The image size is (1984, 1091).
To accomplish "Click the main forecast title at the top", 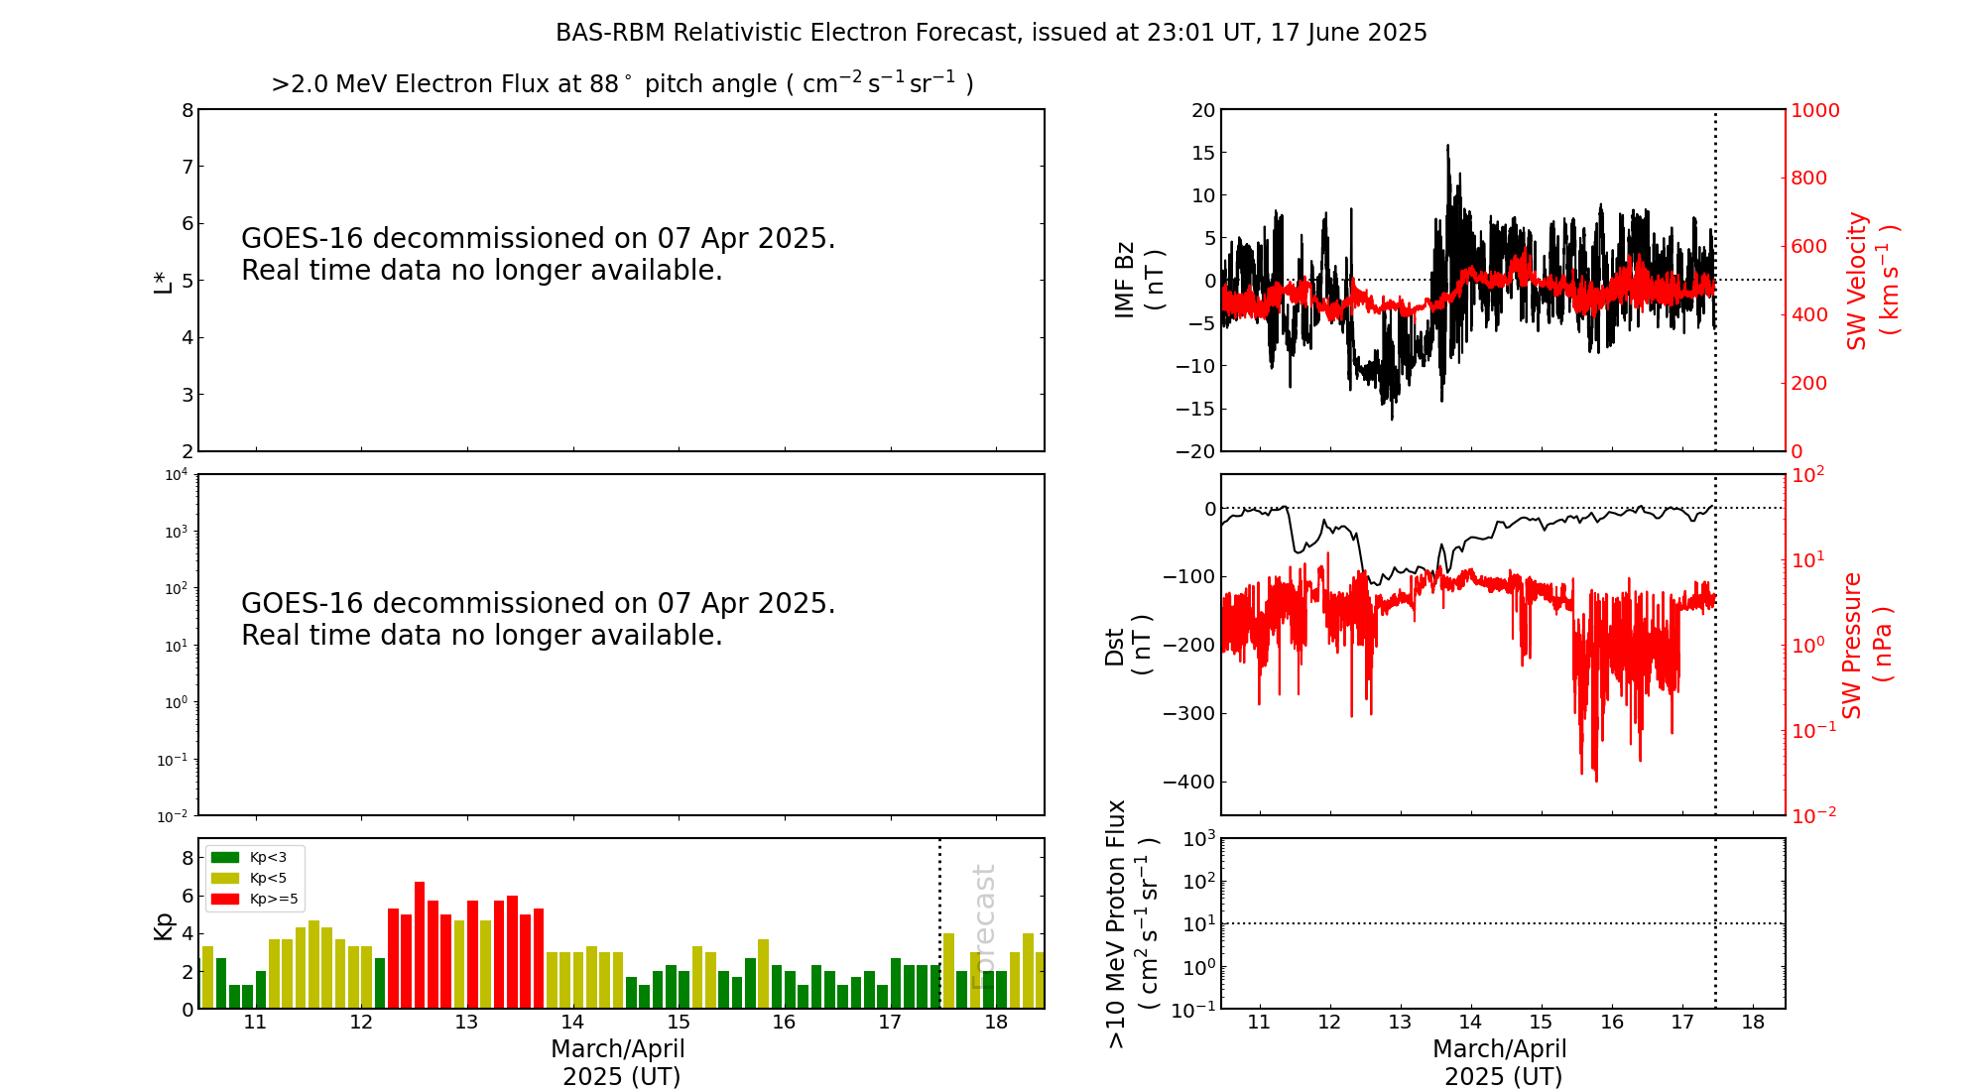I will [x=991, y=33].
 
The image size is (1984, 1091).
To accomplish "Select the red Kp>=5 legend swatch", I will [x=225, y=899].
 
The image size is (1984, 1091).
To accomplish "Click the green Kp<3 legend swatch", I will [x=225, y=857].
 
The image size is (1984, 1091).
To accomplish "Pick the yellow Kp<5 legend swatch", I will [x=225, y=878].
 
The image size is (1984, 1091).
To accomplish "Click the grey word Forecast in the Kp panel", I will [x=983, y=926].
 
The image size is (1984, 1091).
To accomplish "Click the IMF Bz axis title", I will [x=1138, y=280].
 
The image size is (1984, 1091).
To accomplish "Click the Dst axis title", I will [x=1128, y=645].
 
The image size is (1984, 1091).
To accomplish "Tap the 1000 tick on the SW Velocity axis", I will [x=1814, y=110].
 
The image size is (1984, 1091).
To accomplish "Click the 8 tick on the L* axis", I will [x=186, y=110].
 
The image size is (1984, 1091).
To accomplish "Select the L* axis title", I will [x=163, y=281].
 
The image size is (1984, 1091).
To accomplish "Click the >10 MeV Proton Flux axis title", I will [x=1132, y=923].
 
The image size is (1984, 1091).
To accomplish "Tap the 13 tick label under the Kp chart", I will [x=466, y=1023].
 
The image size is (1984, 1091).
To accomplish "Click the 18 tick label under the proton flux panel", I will [x=1753, y=1023].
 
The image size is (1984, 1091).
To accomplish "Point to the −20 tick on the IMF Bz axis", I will [x=1194, y=451].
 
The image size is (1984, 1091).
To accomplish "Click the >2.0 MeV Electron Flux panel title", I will [x=622, y=83].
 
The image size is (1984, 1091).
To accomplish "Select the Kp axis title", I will [x=163, y=925].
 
